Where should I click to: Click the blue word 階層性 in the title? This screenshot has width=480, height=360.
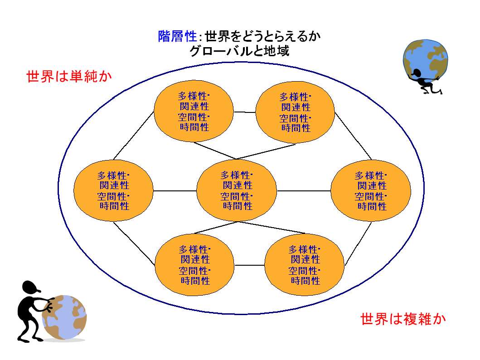click(177, 36)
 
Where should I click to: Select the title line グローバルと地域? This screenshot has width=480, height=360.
click(239, 50)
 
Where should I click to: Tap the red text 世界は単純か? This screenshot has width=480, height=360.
click(69, 76)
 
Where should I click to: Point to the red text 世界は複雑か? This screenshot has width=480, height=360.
click(403, 319)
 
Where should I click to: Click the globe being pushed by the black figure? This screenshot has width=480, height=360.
click(65, 317)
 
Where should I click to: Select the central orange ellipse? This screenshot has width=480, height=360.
click(236, 190)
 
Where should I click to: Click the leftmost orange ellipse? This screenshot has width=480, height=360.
click(113, 190)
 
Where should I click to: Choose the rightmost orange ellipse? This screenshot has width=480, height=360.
click(371, 190)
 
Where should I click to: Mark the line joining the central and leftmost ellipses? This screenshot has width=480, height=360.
click(175, 191)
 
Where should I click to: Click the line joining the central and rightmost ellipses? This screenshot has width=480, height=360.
click(304, 191)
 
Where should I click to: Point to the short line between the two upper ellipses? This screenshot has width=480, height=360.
click(244, 112)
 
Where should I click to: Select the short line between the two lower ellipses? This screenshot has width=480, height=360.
click(249, 265)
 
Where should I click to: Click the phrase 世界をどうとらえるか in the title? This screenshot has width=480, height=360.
click(262, 36)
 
